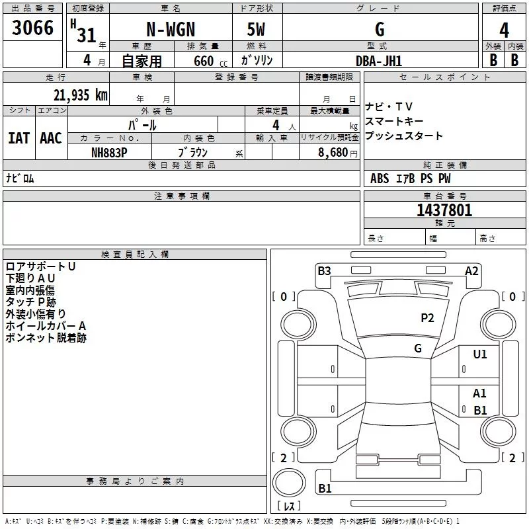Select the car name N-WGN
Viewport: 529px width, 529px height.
coord(170,30)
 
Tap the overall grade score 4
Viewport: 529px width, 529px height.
coord(504,30)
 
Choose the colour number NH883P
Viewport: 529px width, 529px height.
coord(110,151)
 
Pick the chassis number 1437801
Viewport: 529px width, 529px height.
coord(444,211)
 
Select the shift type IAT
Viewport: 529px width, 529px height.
coord(19,138)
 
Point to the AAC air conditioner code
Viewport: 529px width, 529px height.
coord(51,138)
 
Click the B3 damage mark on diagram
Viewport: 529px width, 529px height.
coord(324,270)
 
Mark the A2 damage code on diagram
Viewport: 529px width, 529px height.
coord(471,270)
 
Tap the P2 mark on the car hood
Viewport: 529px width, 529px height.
coord(427,318)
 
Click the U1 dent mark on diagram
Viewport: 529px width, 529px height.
coord(480,354)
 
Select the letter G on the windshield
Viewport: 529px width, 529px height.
coord(418,348)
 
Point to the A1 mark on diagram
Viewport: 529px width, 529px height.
coord(480,393)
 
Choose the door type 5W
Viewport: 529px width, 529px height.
coord(257,30)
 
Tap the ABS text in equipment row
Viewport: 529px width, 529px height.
coord(380,179)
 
